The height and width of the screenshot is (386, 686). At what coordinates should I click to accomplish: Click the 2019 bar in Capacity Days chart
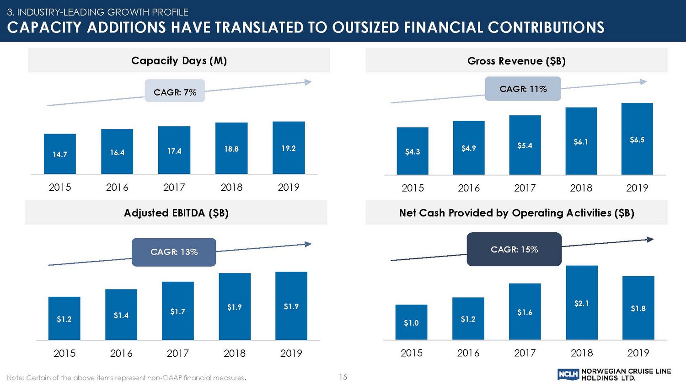(289, 147)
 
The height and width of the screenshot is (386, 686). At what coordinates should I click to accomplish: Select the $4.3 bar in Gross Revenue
(413, 151)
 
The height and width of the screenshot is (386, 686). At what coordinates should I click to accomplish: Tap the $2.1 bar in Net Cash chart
(581, 302)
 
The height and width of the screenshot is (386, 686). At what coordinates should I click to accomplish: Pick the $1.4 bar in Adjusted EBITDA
(121, 315)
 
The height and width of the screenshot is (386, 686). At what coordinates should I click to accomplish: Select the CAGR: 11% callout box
(523, 89)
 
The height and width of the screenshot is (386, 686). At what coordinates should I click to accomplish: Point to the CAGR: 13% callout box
(174, 252)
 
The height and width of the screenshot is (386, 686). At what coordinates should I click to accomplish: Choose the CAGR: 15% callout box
(514, 249)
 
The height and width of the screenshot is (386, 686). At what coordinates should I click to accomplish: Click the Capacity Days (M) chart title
(179, 60)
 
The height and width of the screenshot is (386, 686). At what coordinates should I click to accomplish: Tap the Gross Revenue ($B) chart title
(516, 61)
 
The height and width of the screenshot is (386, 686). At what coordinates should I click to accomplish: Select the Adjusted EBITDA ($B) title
(176, 213)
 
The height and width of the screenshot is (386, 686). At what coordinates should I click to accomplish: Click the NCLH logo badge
(568, 375)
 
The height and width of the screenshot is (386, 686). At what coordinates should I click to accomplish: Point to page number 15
(343, 377)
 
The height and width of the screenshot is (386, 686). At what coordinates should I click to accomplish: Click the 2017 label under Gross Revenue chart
(525, 188)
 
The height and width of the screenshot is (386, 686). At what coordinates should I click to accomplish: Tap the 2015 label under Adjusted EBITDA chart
(64, 353)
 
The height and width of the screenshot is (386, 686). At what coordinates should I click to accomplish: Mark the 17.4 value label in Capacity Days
(174, 151)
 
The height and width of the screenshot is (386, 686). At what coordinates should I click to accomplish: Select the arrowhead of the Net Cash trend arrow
(650, 239)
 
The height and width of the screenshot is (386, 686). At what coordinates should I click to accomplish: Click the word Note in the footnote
(16, 378)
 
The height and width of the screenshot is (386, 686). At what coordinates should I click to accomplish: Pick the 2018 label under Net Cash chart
(581, 353)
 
